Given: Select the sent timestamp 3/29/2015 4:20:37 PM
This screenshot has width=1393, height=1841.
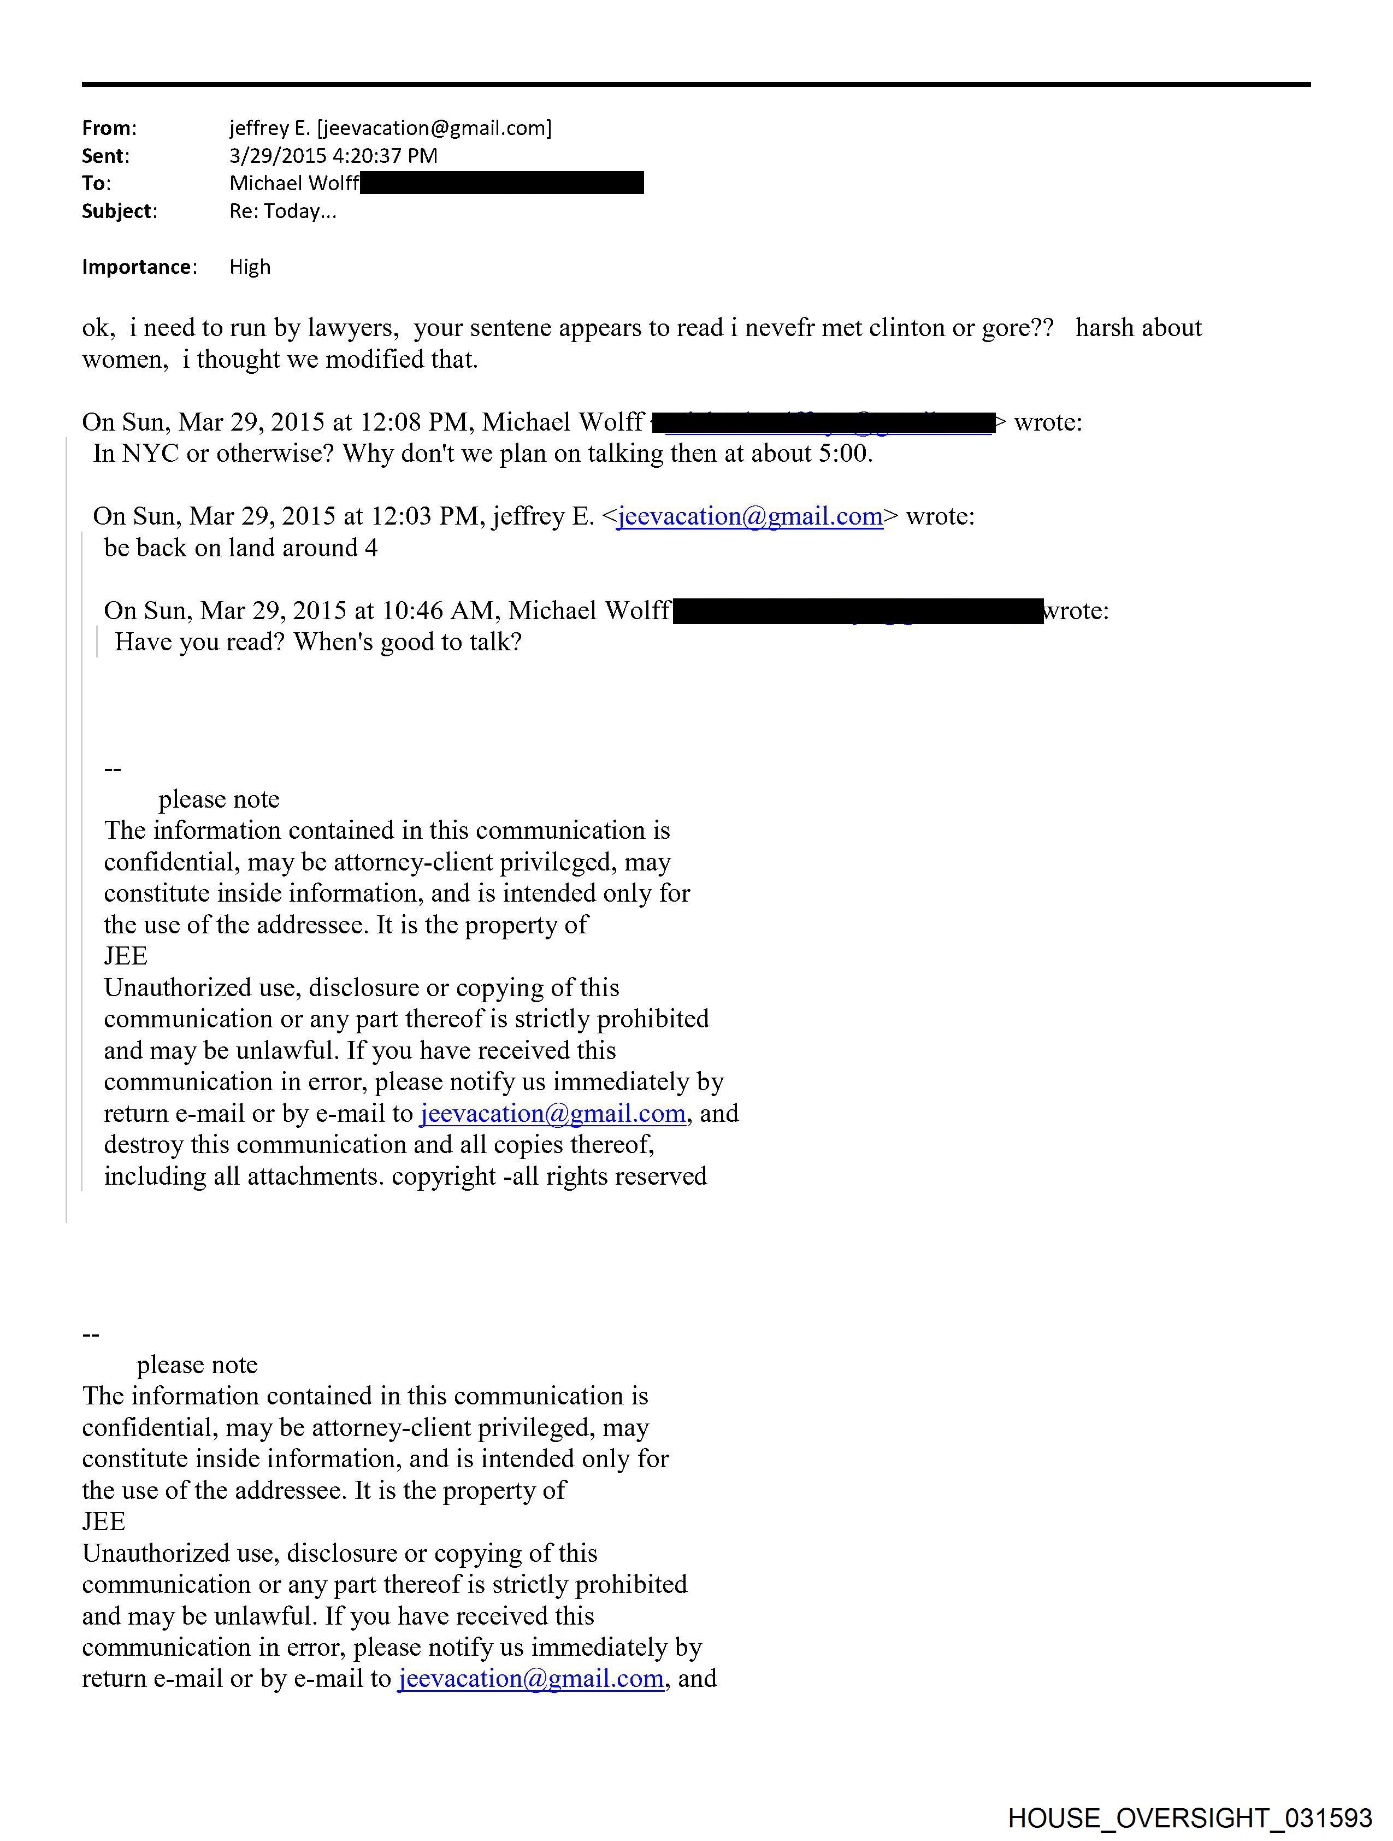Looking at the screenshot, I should point(333,156).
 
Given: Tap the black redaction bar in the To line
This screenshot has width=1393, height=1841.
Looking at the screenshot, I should point(502,183).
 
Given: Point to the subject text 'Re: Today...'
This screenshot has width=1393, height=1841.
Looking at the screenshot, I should point(283,211).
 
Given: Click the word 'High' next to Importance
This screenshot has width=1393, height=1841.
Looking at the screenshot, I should point(250,267).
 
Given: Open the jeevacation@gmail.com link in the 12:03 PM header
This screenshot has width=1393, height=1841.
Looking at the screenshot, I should point(749,517).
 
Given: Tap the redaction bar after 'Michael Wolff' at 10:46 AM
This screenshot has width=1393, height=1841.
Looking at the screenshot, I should point(857,611).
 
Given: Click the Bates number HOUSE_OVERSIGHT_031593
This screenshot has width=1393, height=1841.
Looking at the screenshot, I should point(1189,1818).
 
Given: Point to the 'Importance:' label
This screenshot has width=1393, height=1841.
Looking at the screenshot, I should point(139,267).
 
